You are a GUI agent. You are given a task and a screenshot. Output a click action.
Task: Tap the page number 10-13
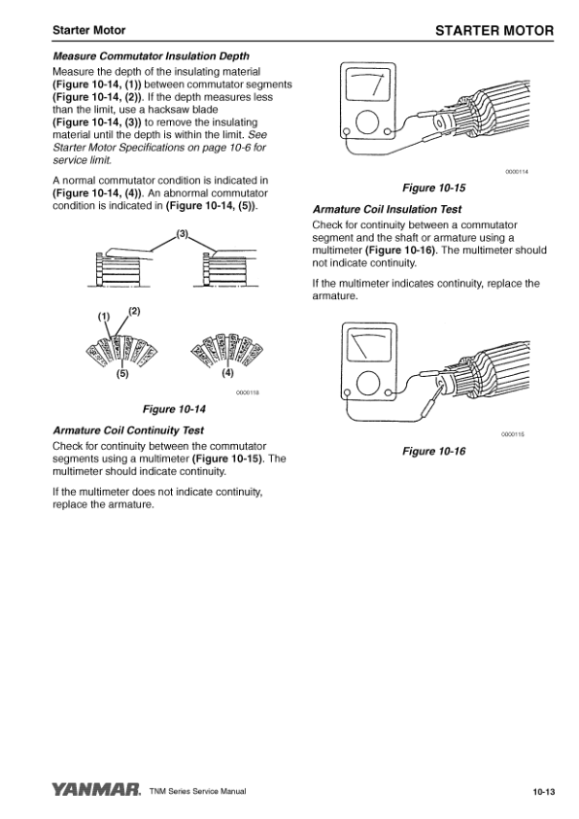543,792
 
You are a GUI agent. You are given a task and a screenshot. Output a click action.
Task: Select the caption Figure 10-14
174,409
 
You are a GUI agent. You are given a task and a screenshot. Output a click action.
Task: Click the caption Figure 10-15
433,188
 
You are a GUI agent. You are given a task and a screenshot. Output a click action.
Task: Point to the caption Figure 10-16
433,451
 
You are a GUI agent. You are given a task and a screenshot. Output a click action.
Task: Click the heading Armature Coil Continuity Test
128,430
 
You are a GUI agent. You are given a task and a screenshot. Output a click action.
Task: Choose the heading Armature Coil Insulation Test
387,210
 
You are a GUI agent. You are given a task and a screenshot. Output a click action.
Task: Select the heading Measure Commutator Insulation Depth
151,56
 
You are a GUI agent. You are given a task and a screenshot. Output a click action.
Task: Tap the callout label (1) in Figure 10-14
104,316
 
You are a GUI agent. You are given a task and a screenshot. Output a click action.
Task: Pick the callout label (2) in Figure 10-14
134,311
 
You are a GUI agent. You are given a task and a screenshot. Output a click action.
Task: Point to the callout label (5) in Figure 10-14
122,373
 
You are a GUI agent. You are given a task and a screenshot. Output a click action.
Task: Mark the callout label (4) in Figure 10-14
227,373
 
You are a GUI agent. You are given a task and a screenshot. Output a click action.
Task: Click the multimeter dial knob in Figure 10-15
367,122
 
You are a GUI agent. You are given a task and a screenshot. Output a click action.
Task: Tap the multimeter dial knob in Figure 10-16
368,385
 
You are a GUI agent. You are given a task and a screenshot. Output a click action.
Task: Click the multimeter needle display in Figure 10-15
368,85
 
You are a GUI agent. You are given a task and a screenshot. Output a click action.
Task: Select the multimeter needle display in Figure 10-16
369,344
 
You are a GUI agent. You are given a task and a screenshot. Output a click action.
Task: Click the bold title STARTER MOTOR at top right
494,31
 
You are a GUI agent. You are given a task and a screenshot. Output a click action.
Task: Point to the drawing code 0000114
517,172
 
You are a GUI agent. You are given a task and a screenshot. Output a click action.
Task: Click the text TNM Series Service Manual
197,792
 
